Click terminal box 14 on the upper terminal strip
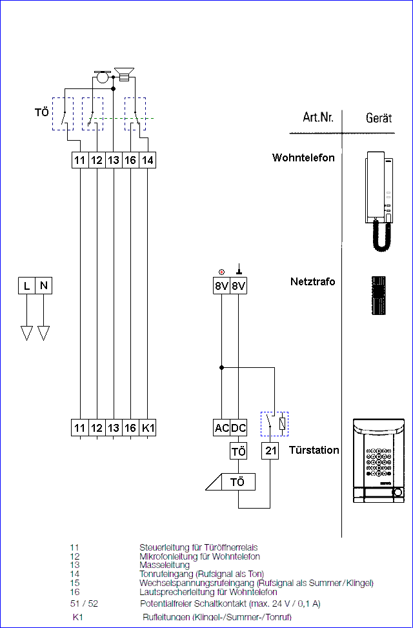(147, 160)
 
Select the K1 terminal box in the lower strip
(147, 428)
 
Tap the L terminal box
(26, 286)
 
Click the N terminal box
(44, 286)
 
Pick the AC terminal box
(221, 428)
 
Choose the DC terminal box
(239, 428)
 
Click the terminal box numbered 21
(270, 451)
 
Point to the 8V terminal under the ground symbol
(239, 286)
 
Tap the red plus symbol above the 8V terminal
(221, 272)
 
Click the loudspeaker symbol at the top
(124, 74)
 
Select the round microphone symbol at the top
(103, 77)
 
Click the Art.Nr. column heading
(317, 117)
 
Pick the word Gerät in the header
(379, 118)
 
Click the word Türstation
(314, 450)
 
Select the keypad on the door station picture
(378, 461)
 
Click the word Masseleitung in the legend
(165, 565)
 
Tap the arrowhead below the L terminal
(26, 333)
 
